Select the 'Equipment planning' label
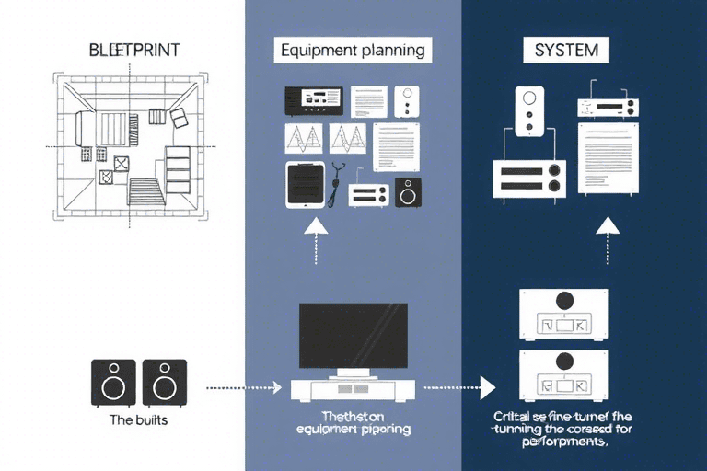[x=353, y=51]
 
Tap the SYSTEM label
[x=566, y=51]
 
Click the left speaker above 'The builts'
[x=113, y=383]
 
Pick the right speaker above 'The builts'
[x=165, y=383]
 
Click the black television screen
[x=353, y=335]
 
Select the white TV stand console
[x=353, y=388]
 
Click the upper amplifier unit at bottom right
[x=564, y=315]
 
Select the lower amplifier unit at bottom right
[x=564, y=373]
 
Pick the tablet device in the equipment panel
[x=304, y=185]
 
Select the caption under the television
[x=353, y=422]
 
